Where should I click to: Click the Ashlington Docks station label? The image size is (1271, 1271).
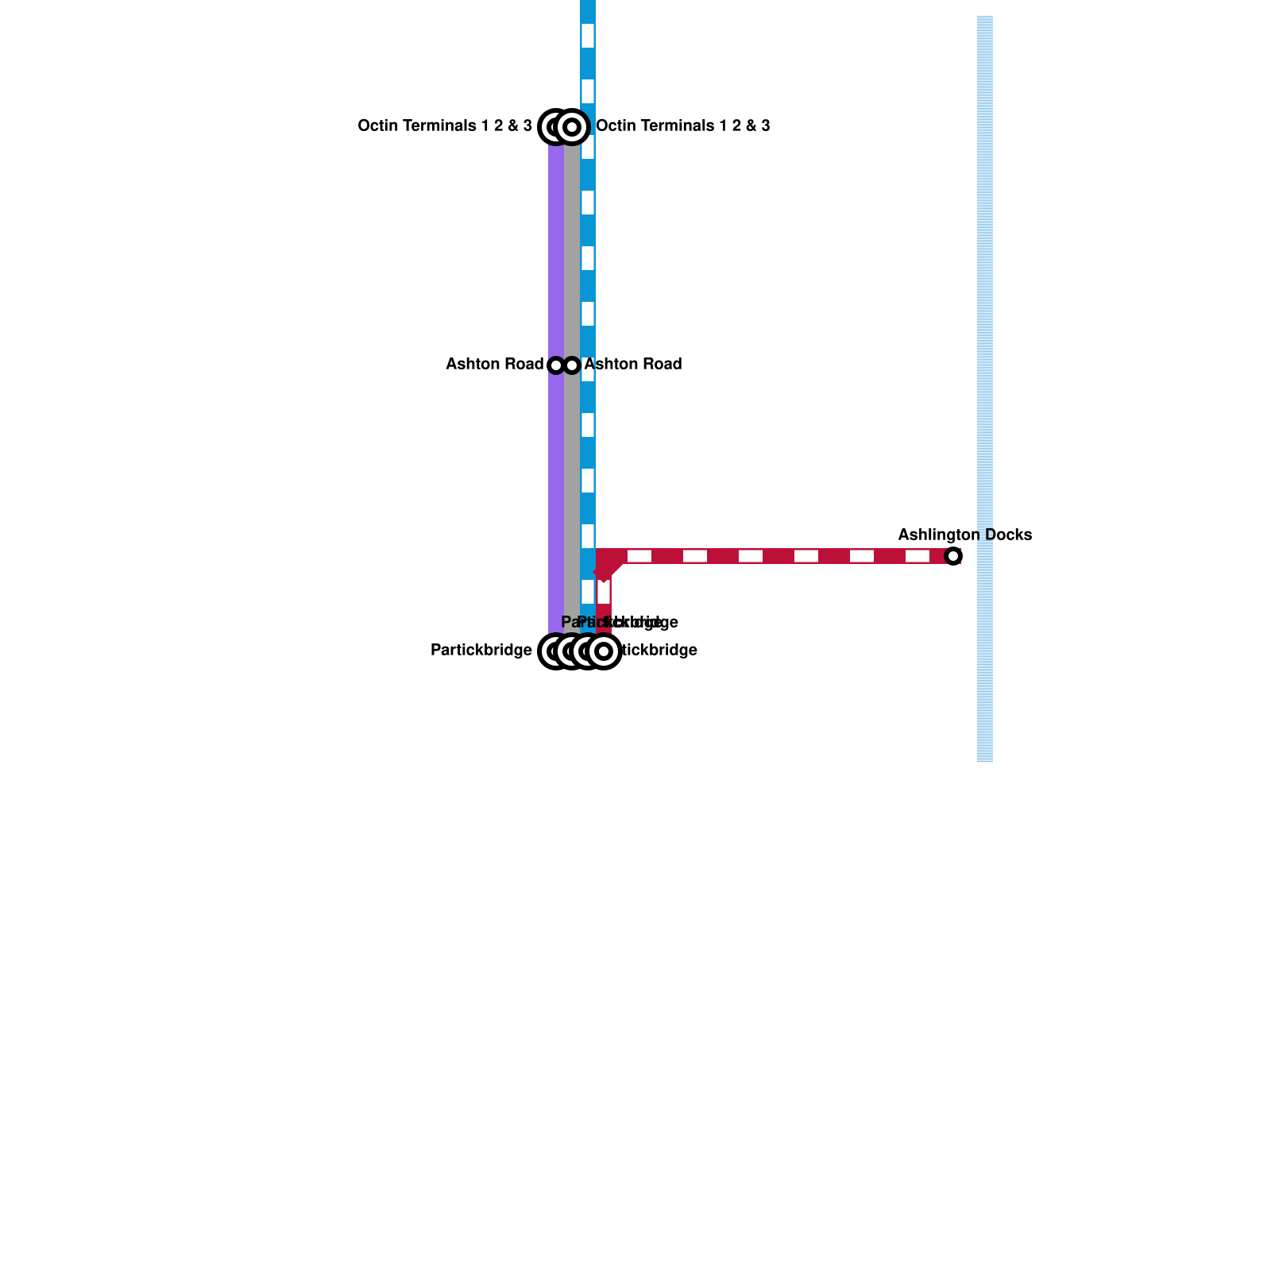pos(964,535)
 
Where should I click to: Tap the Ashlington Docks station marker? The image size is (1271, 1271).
pos(953,556)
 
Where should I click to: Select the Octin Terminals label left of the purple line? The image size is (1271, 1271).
pos(445,126)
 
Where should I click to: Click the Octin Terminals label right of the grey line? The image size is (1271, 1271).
pos(682,126)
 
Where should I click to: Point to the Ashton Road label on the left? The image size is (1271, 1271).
pos(494,364)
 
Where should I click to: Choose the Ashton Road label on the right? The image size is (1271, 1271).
pos(633,364)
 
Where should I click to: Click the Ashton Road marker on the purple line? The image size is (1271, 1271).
pos(556,365)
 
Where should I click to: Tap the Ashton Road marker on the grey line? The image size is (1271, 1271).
pos(572,365)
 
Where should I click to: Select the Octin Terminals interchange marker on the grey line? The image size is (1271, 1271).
pos(572,126)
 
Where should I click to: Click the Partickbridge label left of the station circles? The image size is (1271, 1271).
pos(481,650)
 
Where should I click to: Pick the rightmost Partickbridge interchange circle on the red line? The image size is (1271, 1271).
pos(604,651)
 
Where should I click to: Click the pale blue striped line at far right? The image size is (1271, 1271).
pos(985,318)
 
